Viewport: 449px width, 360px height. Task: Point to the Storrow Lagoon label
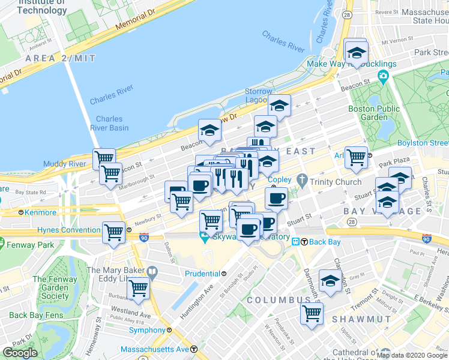click(259, 95)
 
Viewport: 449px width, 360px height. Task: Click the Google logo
click(20, 353)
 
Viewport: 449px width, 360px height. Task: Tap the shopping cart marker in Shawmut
click(312, 312)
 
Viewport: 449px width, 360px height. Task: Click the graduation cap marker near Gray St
click(330, 280)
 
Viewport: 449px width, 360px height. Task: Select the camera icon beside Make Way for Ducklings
click(382, 76)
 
